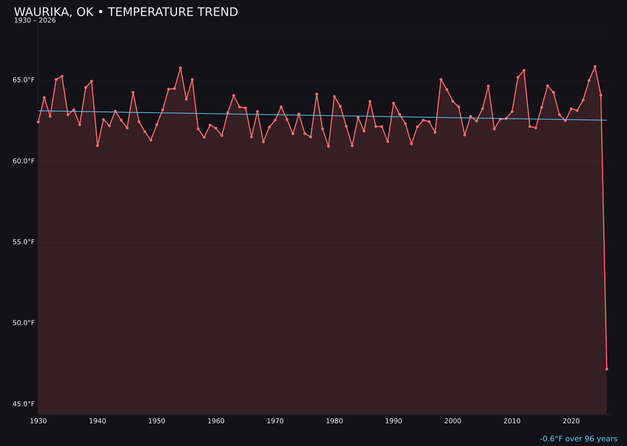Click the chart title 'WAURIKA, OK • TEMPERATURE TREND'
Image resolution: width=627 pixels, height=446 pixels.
coord(126,12)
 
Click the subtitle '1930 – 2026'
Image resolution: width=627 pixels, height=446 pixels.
coord(35,21)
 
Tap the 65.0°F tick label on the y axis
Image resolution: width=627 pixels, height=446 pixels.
coord(24,80)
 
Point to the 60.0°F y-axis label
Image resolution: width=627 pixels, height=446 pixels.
coord(24,161)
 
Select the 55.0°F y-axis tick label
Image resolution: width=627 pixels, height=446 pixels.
coord(24,242)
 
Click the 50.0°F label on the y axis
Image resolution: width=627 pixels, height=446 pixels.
coord(24,323)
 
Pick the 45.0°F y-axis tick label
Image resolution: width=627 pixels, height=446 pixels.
coord(24,404)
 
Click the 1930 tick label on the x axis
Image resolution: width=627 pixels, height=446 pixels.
coord(38,421)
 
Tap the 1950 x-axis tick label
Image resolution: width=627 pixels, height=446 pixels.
coord(157,421)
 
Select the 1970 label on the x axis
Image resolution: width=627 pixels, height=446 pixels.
coord(275,421)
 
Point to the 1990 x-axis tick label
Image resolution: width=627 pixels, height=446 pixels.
coord(394,421)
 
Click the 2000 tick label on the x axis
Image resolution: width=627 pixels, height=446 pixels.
coord(453,421)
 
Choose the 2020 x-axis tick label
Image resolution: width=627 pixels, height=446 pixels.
coord(571,421)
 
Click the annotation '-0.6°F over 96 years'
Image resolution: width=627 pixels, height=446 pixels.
coord(578,439)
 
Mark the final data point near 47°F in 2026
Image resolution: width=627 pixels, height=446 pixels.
coord(607,369)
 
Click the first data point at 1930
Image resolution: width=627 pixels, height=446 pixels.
coord(38,122)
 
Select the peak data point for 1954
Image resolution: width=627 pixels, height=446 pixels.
coord(181,68)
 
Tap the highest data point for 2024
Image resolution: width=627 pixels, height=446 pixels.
coord(594,67)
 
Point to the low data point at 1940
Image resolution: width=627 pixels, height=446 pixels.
coord(98,146)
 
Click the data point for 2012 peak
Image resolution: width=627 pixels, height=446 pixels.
coord(524,71)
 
